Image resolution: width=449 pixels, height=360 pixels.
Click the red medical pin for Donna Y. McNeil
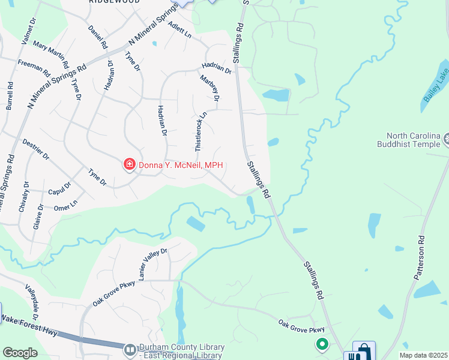[128, 164]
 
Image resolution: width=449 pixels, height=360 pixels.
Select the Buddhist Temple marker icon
[447, 141]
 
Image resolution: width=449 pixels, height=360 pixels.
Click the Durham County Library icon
[130, 349]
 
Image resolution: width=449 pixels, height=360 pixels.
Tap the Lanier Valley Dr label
[152, 265]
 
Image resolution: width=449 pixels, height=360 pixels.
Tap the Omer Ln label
[66, 205]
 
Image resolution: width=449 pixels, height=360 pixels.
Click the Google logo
[20, 353]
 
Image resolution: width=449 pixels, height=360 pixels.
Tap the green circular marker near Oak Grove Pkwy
[322, 344]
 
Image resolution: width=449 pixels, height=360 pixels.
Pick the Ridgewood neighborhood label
[114, 2]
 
